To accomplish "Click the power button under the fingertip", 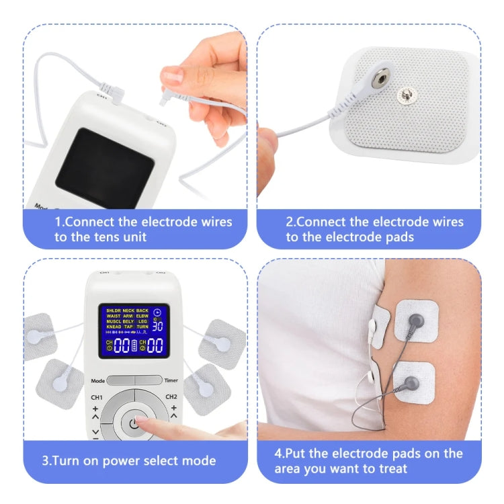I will click(134, 423).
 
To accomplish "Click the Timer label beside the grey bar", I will click(171, 381).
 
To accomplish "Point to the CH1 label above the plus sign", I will click(97, 397).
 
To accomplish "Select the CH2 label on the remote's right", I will click(171, 397).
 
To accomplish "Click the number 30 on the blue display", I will click(157, 326).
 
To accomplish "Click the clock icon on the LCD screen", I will click(158, 312).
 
